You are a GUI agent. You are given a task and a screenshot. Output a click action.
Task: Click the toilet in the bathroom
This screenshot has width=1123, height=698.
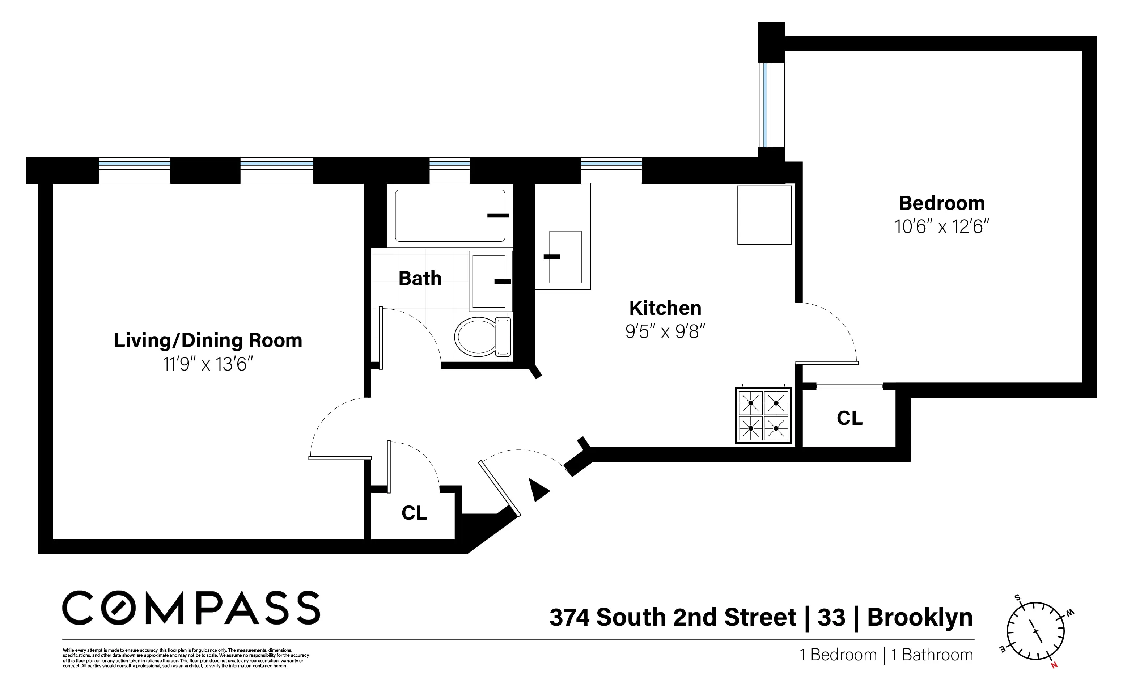click(483, 337)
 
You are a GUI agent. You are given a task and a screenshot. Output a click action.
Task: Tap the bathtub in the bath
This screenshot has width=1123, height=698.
click(450, 216)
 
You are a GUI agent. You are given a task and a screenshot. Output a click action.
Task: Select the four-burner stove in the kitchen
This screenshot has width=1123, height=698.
click(763, 415)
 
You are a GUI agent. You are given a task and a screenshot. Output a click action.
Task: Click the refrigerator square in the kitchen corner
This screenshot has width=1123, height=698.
click(764, 215)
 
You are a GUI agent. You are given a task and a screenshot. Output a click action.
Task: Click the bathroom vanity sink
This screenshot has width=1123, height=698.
click(489, 281)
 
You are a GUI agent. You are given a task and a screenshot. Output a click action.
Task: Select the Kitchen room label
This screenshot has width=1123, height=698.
click(665, 308)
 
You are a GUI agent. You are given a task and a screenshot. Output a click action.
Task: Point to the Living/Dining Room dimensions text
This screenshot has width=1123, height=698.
click(208, 364)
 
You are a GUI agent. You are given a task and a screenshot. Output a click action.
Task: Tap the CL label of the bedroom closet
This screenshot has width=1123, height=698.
click(849, 418)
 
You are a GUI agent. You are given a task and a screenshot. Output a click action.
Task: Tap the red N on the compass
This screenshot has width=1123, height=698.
click(1054, 665)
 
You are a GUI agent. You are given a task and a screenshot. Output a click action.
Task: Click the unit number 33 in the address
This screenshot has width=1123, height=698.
click(831, 617)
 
